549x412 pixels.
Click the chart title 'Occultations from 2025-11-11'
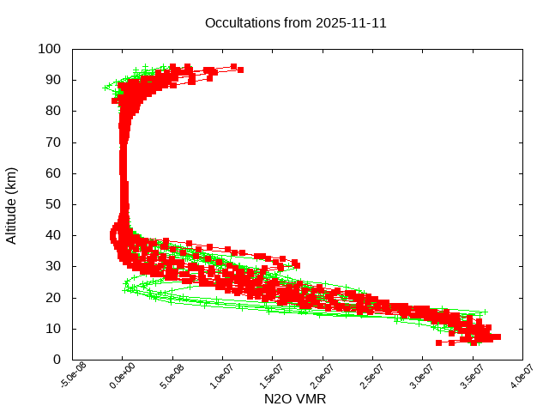pos(295,23)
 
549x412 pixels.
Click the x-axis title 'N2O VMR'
pos(295,399)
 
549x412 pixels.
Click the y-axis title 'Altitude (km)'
pos(12,204)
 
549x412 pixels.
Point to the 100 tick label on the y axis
pos(49,49)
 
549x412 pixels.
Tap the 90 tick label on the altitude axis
pos(52,80)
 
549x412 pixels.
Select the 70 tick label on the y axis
pos(52,142)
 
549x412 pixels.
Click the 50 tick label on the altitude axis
pos(52,204)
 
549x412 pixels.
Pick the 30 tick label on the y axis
pos(52,266)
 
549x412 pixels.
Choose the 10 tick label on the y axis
pos(52,329)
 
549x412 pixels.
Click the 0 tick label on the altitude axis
pos(56,360)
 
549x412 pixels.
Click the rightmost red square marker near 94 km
pos(240,70)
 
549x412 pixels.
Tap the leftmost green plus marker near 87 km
pos(106,88)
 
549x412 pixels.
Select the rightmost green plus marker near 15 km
pos(485,312)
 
